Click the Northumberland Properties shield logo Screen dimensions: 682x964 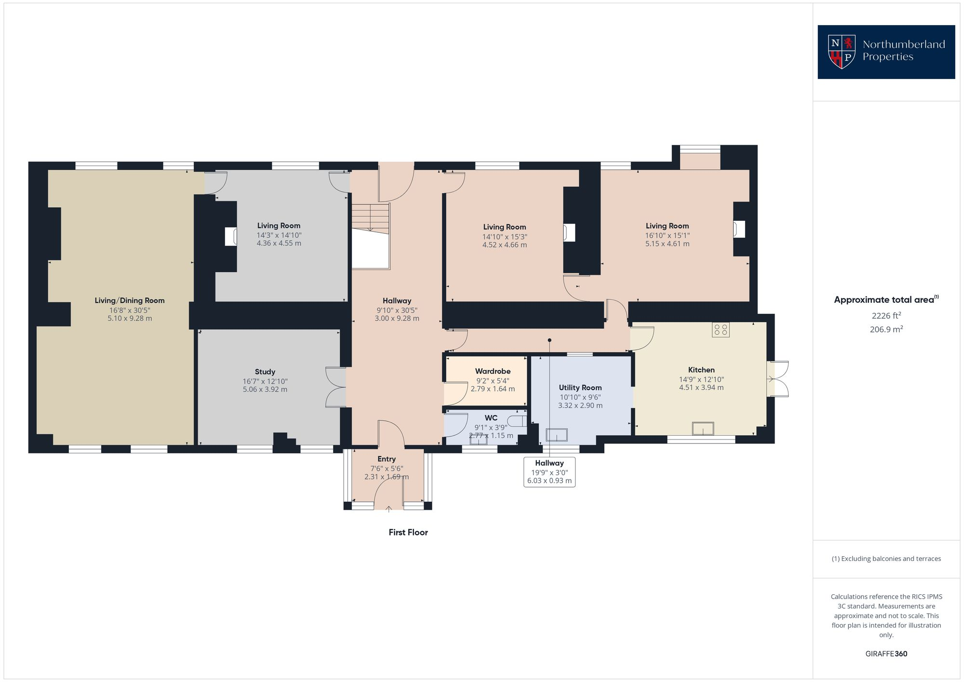click(842, 52)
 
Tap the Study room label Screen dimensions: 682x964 click(265, 372)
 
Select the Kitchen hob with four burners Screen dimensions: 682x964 click(721, 330)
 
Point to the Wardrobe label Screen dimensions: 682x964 click(493, 371)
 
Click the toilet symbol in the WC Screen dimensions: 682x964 click(517, 421)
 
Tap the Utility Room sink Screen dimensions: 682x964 click(557, 435)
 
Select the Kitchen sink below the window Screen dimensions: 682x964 click(703, 428)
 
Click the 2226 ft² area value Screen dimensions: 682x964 click(886, 316)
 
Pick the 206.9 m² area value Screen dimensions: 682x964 click(886, 330)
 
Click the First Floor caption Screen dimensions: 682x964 click(408, 532)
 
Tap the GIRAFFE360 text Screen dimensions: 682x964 click(886, 654)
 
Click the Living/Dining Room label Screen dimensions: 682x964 click(130, 300)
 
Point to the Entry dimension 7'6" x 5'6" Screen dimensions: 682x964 click(387, 468)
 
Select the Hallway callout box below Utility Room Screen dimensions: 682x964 click(549, 472)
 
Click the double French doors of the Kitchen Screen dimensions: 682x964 click(777, 379)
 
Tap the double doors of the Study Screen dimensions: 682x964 click(336, 387)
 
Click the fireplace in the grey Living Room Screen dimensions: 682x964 click(230, 237)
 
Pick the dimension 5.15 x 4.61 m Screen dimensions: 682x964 click(667, 244)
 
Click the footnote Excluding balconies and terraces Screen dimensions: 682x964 click(886, 559)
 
